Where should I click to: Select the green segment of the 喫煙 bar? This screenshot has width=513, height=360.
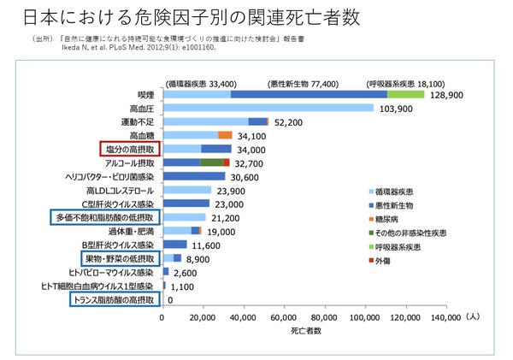point(411,94)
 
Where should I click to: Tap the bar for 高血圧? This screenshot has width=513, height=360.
point(268,108)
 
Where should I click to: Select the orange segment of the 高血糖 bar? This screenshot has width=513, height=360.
point(226,135)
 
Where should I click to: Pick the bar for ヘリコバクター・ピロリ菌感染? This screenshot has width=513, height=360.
point(193,176)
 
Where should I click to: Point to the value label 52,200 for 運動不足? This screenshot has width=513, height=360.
point(289,122)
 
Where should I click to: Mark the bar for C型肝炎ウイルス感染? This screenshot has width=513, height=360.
point(186,204)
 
